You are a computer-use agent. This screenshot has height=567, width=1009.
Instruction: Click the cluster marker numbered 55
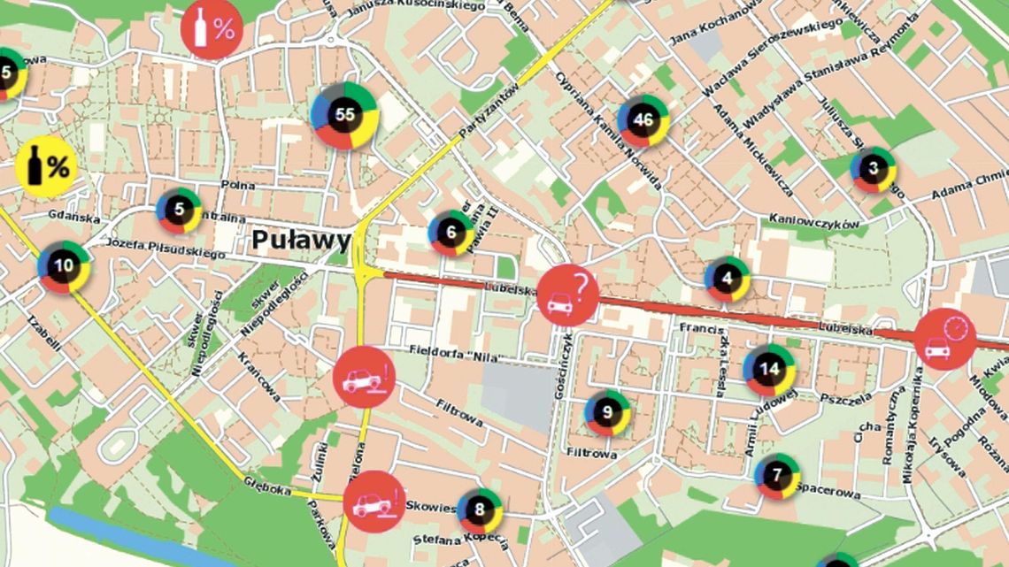(345, 115)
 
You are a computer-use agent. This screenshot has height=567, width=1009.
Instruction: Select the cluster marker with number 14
(769, 370)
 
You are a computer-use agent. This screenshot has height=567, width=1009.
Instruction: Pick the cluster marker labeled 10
(64, 265)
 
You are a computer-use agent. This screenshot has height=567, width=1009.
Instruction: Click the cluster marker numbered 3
(874, 169)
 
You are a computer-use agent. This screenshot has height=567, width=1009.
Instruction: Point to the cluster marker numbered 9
(607, 412)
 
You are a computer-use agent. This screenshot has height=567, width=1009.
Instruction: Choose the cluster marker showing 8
(480, 510)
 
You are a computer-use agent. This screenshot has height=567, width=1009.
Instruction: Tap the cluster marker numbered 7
(777, 476)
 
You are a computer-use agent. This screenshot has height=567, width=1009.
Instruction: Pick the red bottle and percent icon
(212, 28)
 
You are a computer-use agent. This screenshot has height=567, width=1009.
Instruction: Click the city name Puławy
(301, 240)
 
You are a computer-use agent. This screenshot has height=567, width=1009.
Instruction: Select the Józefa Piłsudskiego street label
(164, 249)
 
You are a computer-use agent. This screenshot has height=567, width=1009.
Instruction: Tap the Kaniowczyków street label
(814, 222)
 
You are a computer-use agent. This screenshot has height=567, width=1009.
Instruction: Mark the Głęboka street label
(268, 487)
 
